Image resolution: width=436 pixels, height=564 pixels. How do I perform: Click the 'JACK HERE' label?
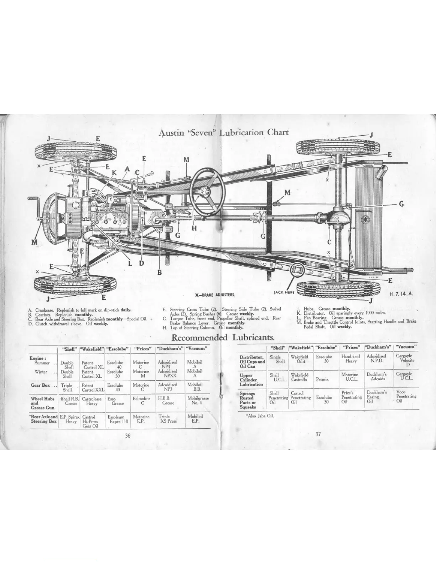(x=284, y=292)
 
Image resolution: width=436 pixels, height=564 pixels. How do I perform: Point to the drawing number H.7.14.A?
(x=401, y=294)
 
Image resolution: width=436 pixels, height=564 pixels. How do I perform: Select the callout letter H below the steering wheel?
(x=194, y=228)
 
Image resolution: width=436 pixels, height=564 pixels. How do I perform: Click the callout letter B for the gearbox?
(x=160, y=272)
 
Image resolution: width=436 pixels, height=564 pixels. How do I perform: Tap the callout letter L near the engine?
(x=130, y=263)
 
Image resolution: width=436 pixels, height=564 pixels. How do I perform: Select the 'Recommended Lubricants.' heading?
(x=223, y=337)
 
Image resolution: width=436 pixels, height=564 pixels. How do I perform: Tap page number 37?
(x=318, y=434)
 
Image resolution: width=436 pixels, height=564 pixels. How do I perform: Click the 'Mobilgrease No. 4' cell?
(x=198, y=401)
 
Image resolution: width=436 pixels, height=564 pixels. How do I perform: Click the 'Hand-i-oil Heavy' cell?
(x=351, y=359)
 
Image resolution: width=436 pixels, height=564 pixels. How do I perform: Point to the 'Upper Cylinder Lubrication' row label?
(x=251, y=380)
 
